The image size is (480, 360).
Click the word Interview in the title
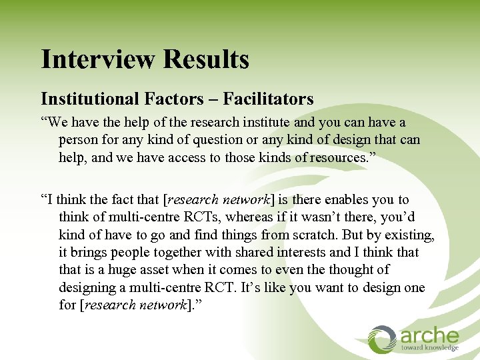tap(98, 59)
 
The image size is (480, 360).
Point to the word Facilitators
tap(268, 99)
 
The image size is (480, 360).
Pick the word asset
tap(154, 270)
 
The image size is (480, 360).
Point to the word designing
tap(86, 287)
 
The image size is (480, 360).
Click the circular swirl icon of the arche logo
tap(383, 338)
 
